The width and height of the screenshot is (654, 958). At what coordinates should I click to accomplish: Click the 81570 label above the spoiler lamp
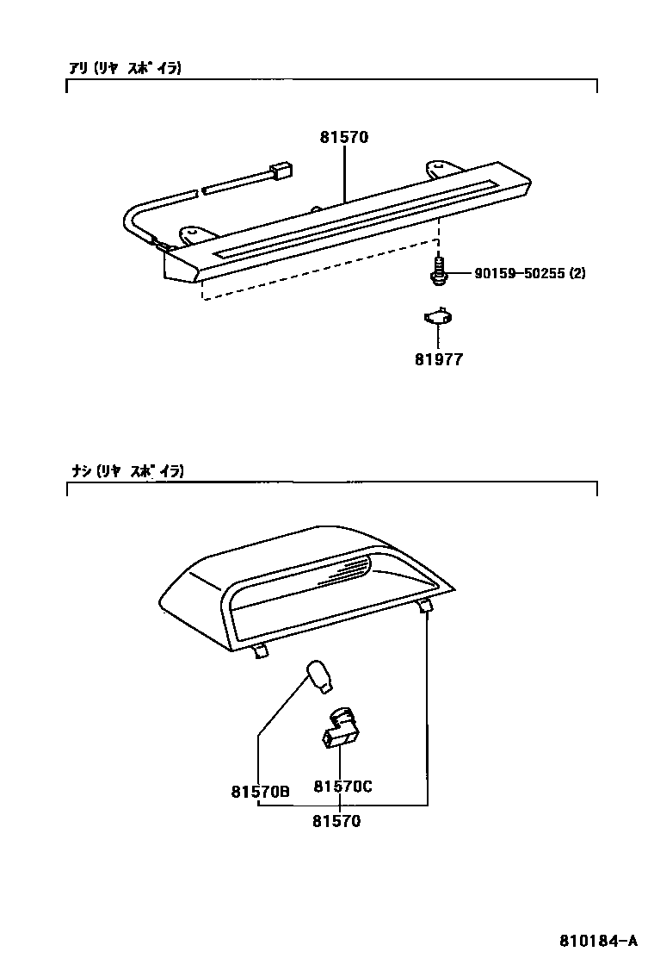tap(344, 138)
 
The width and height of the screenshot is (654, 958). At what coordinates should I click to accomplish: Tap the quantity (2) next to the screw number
tap(577, 274)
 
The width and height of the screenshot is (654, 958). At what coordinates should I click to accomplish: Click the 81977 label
tap(438, 360)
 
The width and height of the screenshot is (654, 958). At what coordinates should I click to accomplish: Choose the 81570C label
tap(342, 787)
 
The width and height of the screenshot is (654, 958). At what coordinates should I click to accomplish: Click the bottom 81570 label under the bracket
tap(336, 821)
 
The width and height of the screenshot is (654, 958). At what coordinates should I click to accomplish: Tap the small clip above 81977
tap(438, 317)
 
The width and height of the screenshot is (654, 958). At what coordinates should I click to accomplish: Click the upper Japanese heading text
tap(126, 68)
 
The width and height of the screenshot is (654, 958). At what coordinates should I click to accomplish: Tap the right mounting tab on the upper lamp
tap(442, 167)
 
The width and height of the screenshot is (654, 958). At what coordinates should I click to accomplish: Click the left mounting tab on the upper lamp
tap(198, 235)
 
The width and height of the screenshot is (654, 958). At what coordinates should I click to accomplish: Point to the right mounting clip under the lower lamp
tap(425, 608)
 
